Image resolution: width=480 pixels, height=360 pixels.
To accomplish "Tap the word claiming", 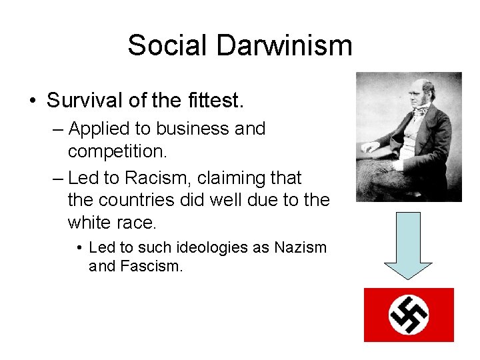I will (219, 178).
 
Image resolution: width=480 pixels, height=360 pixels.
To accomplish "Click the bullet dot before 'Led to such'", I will (79, 249).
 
